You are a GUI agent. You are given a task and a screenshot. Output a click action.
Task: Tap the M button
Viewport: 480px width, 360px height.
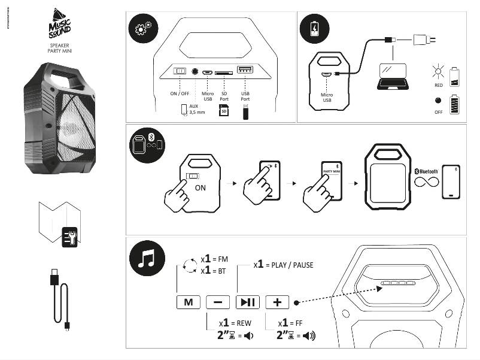189,302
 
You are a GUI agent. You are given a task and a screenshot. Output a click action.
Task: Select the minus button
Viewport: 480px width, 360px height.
217,302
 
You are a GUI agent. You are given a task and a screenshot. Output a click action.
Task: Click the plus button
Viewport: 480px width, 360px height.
277,302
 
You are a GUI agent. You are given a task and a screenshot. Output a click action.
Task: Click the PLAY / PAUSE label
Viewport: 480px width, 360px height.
287,264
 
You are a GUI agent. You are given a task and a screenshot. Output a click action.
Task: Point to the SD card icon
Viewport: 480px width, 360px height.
224,111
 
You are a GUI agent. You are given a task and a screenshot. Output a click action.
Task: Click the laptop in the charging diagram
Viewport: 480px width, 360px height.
390,75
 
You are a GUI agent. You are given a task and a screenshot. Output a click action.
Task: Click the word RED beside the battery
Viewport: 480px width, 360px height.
439,85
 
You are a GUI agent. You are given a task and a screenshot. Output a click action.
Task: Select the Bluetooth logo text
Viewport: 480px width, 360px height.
426,171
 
